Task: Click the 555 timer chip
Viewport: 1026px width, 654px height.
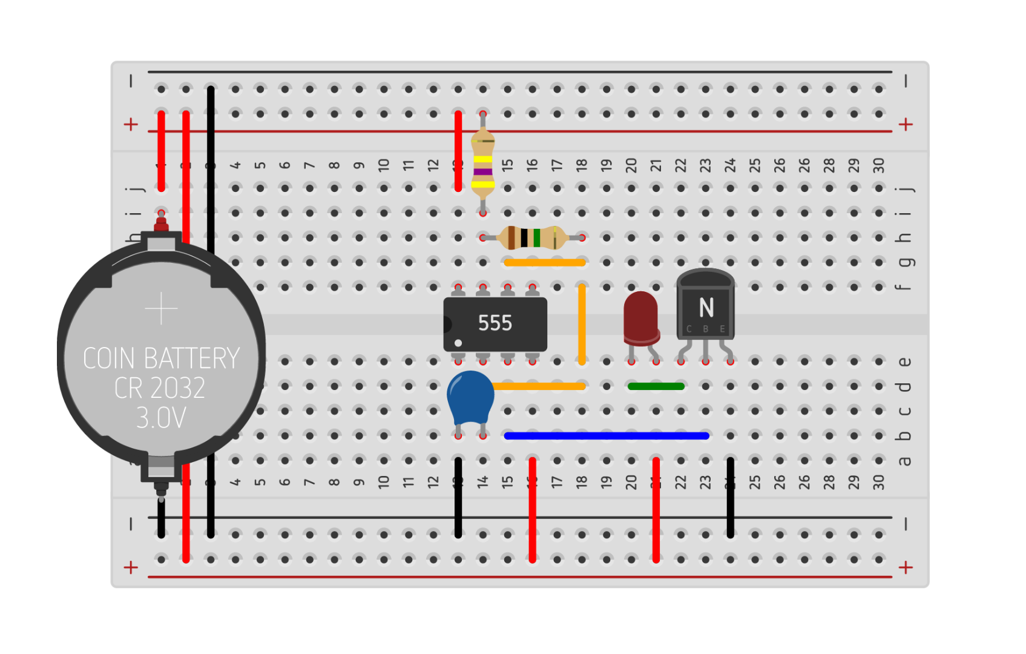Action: [x=495, y=324]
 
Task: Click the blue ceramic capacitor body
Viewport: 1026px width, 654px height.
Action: [x=470, y=397]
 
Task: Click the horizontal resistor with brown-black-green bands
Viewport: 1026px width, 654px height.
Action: [x=531, y=237]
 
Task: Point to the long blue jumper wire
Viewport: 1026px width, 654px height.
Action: [x=605, y=435]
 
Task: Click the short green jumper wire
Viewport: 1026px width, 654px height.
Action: [x=656, y=386]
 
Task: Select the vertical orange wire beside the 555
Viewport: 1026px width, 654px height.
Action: [x=582, y=324]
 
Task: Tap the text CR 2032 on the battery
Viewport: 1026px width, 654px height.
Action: [x=160, y=388]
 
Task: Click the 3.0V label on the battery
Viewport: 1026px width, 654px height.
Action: [x=161, y=418]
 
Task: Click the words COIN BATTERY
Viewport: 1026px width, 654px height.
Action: [x=161, y=358]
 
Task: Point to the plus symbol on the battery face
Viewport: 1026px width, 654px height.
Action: [x=162, y=309]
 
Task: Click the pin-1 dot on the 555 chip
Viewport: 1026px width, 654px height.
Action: [x=458, y=343]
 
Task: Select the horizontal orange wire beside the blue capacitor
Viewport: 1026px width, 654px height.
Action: [x=539, y=386]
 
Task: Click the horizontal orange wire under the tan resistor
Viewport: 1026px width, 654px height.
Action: [x=545, y=262]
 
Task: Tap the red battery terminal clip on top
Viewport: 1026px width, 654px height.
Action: [x=161, y=225]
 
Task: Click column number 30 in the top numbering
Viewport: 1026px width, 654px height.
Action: [x=878, y=165]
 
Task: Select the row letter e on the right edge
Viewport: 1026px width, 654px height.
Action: [x=904, y=362]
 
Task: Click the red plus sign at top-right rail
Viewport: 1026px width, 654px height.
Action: [x=906, y=125]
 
